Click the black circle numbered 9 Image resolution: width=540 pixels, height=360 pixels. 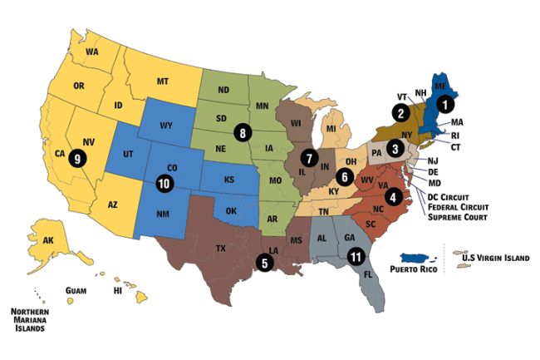tap(78, 157)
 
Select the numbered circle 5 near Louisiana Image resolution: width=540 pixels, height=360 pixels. tap(264, 263)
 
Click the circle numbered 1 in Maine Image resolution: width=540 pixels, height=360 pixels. tap(446, 105)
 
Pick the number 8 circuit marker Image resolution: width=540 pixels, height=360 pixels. tap(243, 131)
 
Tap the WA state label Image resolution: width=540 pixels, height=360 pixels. tap(92, 52)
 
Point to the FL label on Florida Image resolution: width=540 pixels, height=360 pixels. tap(367, 272)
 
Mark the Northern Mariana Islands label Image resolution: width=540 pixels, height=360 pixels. tap(30, 319)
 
